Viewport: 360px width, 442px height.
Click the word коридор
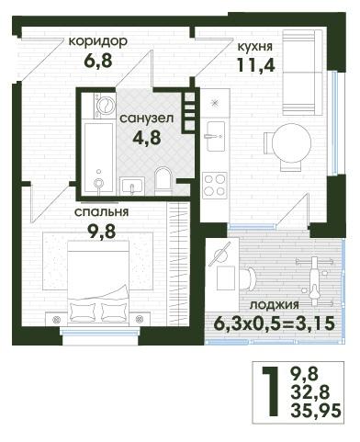coord(97,41)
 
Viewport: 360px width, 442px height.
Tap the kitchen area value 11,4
coord(256,64)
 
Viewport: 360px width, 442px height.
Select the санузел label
coord(147,119)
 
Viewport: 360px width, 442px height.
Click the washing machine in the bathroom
coord(105,106)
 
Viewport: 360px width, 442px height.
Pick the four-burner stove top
coord(215,186)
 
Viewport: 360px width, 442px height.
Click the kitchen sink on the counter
coord(216,136)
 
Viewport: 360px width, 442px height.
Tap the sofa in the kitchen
coord(302,73)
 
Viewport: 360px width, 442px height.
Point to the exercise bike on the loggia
coord(314,282)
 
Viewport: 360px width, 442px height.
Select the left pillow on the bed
coord(83,312)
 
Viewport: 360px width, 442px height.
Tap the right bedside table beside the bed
coord(140,319)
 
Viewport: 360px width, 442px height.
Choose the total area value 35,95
coord(315,411)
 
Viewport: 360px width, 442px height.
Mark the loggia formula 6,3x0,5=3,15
coord(274,323)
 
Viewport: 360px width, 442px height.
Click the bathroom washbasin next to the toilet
coord(132,186)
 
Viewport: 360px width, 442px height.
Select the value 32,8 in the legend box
coord(309,392)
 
